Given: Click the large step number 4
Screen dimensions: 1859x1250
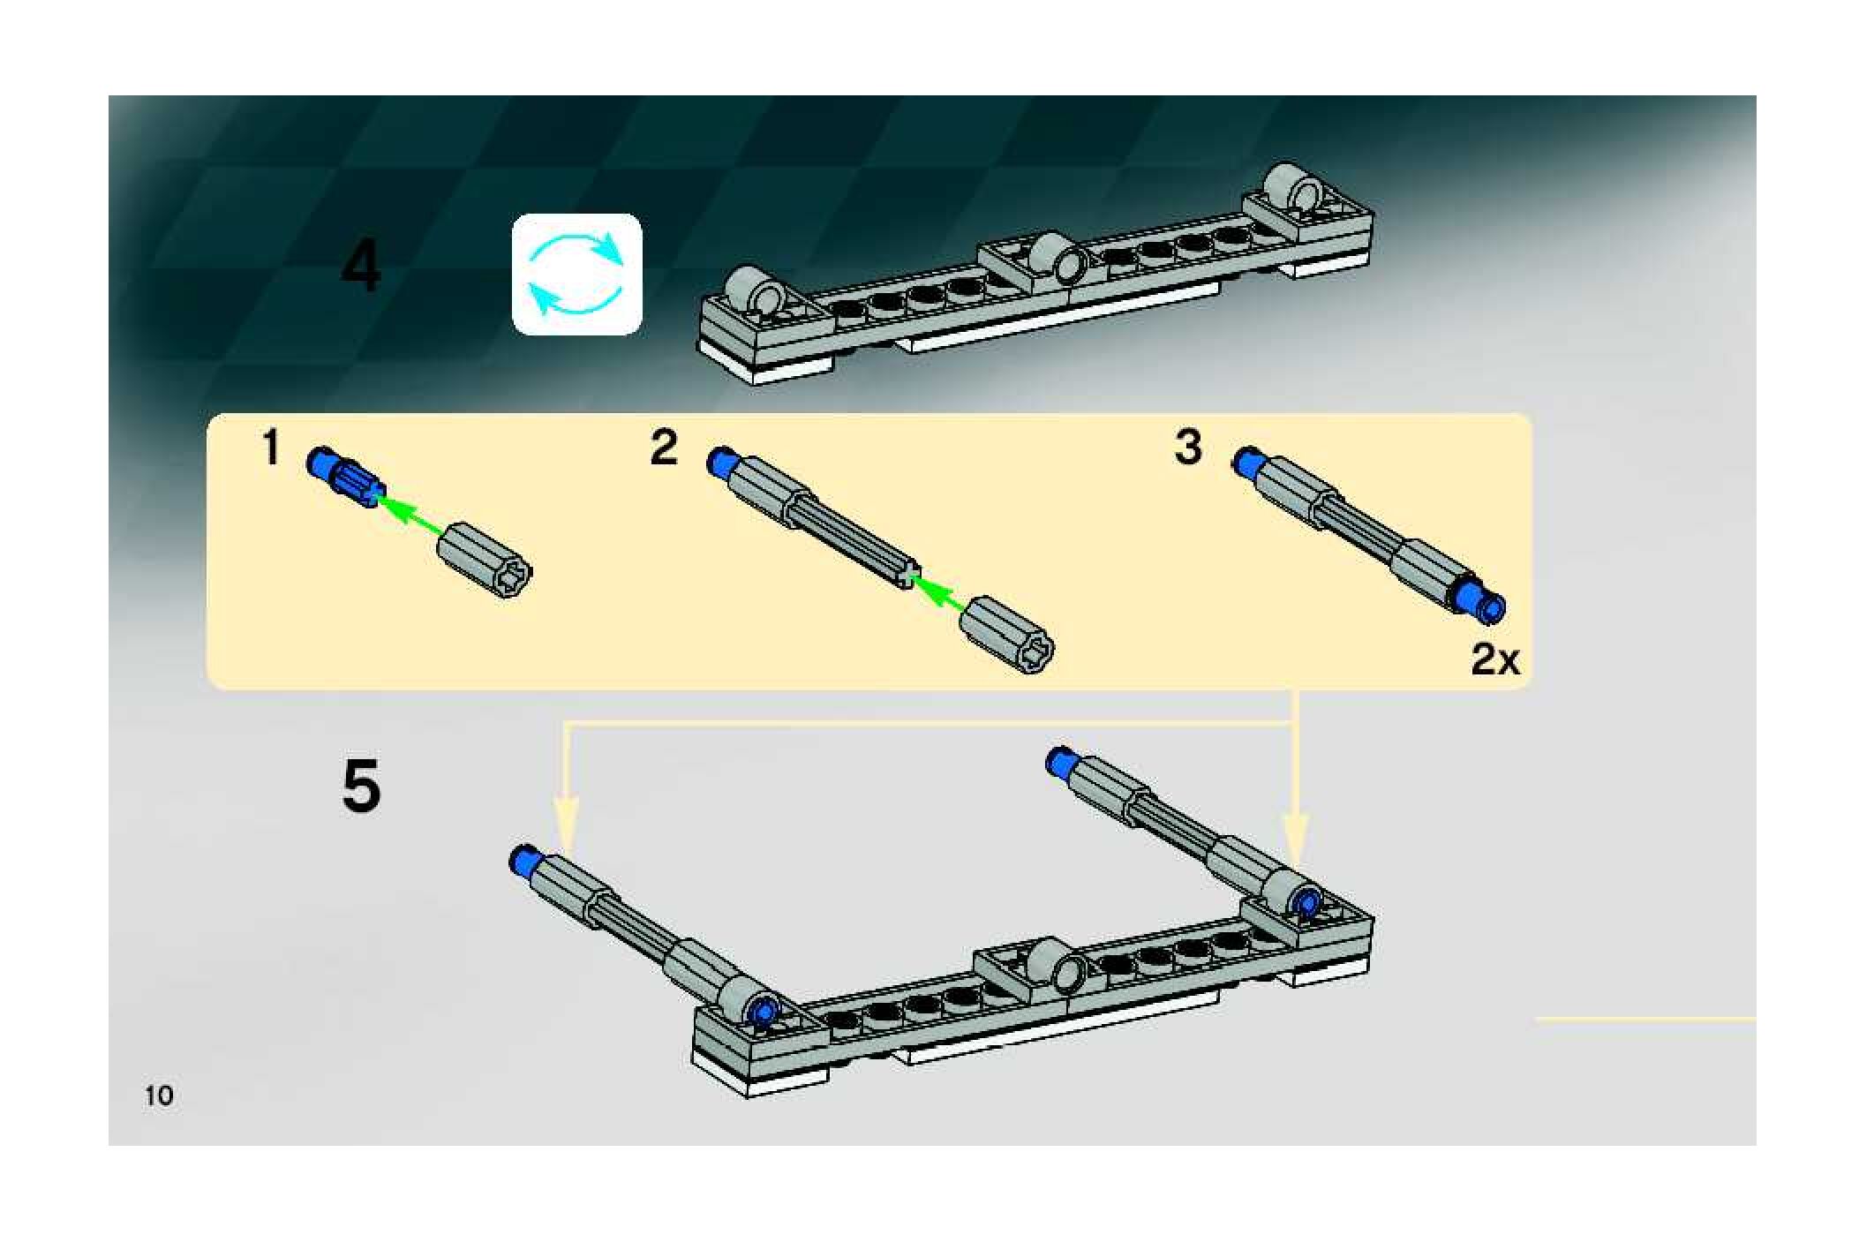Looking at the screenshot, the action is tap(361, 266).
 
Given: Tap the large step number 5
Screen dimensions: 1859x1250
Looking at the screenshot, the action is tap(361, 786).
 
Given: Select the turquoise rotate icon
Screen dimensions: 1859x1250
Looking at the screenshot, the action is tap(577, 274).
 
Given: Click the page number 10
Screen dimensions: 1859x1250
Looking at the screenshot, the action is tap(159, 1096).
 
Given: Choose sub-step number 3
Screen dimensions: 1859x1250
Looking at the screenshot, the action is tap(1188, 447).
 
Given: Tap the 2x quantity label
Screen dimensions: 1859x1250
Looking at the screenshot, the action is tap(1495, 659).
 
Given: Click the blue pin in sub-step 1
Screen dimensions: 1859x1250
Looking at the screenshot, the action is tap(344, 477).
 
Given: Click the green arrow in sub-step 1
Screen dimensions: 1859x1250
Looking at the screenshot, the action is tap(411, 516).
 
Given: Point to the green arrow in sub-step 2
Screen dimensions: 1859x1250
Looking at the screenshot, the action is tap(937, 594).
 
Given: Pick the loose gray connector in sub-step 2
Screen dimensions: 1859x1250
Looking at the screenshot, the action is tap(1006, 635).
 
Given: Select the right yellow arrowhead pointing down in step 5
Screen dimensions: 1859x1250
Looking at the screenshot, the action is tap(1294, 839).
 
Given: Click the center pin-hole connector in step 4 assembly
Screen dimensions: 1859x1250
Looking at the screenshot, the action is tap(1060, 258).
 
